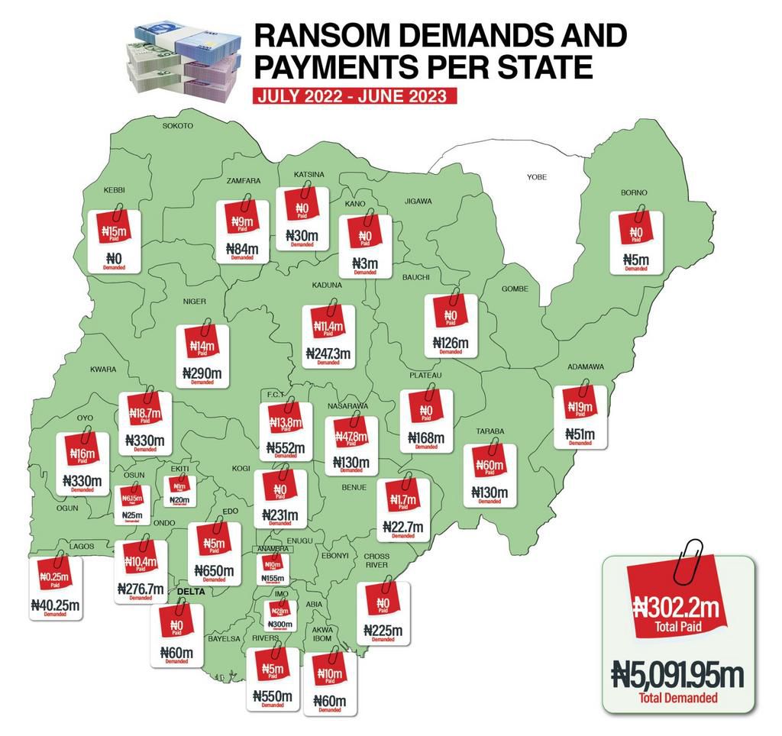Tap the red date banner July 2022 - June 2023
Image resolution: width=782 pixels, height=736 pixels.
356,96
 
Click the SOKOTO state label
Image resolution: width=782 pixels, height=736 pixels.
178,125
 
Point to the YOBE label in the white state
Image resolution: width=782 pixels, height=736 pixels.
537,177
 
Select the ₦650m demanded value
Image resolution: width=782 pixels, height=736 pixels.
215,570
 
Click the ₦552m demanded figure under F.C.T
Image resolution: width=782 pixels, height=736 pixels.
285,448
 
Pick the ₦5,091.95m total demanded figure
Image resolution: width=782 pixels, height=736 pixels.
678,675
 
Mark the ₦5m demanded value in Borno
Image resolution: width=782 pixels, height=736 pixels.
635,260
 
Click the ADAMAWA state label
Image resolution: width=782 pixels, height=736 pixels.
586,367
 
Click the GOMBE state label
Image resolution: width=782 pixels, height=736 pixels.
515,289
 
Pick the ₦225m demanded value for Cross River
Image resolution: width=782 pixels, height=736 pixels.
383,631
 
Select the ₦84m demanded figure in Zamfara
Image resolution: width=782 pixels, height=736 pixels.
242,248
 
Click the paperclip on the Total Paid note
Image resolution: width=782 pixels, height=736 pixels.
693,553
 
